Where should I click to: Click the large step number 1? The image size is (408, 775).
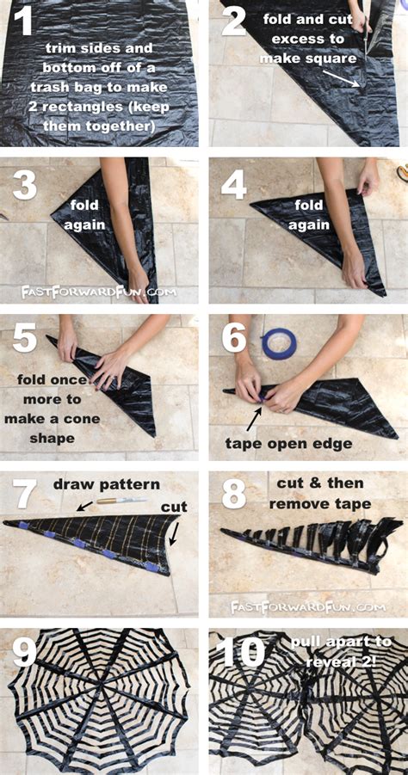click(x=22, y=21)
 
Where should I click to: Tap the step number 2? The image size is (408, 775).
click(x=234, y=21)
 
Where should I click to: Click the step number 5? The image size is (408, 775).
click(x=25, y=339)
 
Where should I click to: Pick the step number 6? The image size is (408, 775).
click(x=234, y=339)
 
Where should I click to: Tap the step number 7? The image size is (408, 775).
click(x=25, y=495)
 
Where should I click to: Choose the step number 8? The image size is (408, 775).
click(x=234, y=495)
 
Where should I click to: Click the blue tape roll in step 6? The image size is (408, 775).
click(x=279, y=342)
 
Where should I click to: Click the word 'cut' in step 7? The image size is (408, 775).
click(x=174, y=507)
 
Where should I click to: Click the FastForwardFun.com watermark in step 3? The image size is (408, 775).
click(x=98, y=292)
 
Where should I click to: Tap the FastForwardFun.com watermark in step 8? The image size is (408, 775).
click(x=307, y=606)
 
